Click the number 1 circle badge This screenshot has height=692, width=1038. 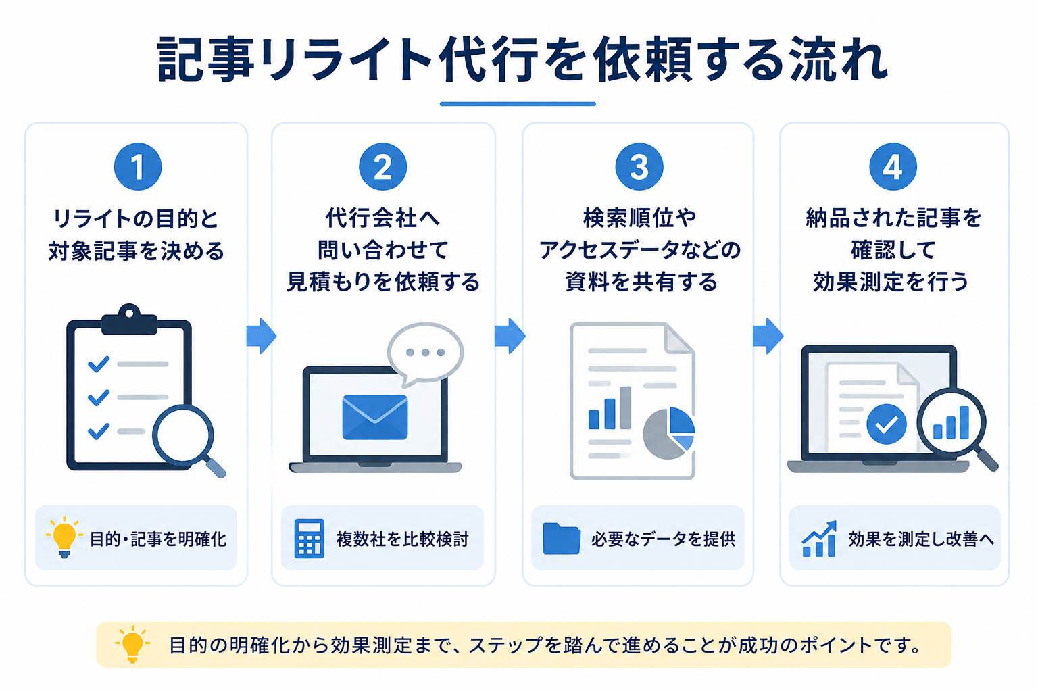pos(138,166)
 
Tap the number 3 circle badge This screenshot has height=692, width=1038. pos(639,166)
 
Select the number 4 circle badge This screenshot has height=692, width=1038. pos(893,166)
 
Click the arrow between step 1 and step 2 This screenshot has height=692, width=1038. pos(262,336)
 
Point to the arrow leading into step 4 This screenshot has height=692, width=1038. pos(768,336)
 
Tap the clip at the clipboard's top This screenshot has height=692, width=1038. pos(129,319)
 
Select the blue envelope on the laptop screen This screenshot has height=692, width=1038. pos(375,417)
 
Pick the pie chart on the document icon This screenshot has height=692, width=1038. pos(668,433)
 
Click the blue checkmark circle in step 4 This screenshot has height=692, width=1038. pos(887,424)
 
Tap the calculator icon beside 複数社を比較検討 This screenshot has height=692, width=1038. pos(309,538)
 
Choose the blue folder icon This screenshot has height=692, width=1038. pos(561,539)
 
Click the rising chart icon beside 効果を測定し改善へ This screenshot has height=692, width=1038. pos(819,539)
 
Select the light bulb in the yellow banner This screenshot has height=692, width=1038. pos(132,644)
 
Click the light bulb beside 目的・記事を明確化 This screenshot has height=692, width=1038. pos(64,537)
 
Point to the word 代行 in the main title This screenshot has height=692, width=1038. pos(488,59)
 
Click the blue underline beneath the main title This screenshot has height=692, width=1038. pos(518,104)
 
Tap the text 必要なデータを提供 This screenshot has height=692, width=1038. pos(663,539)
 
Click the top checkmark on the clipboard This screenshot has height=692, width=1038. pos(99,364)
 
